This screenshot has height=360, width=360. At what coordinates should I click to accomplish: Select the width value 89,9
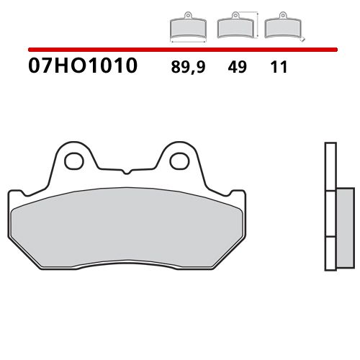click(186, 68)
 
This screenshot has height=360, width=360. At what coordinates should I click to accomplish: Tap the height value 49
click(237, 68)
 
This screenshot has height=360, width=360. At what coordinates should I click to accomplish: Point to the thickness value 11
click(280, 68)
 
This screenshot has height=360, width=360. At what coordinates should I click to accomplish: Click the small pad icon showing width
click(187, 27)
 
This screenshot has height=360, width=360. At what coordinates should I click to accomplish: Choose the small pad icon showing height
click(233, 27)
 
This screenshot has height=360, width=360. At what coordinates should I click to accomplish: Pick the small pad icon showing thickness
click(282, 27)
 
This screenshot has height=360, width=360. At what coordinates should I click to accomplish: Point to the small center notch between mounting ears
click(126, 171)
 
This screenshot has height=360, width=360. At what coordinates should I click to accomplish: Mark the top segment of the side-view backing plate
click(330, 166)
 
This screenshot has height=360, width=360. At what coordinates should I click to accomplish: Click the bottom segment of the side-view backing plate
click(330, 255)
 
